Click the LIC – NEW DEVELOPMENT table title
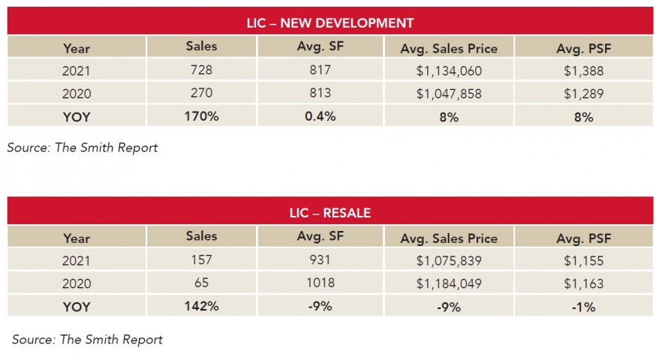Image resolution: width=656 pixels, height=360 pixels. (x=330, y=22)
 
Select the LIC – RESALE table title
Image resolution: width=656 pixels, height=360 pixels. (x=330, y=213)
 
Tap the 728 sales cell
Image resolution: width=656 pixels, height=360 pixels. (x=201, y=71)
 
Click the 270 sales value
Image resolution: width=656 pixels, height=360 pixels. (x=201, y=94)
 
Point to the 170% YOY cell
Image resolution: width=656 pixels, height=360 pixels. (x=201, y=116)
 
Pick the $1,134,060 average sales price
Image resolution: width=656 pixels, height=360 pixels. (x=448, y=71)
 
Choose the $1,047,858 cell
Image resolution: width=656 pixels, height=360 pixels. (x=448, y=94)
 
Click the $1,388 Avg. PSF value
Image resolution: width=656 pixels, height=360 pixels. (x=585, y=71)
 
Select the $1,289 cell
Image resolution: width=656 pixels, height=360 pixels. (x=585, y=94)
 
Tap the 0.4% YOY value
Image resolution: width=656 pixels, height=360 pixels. (x=320, y=116)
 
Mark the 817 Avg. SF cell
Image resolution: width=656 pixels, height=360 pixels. (x=320, y=71)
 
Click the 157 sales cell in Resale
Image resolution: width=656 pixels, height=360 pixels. (x=201, y=260)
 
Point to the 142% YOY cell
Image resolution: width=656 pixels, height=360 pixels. (x=201, y=306)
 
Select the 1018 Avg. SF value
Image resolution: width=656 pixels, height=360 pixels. (x=320, y=283)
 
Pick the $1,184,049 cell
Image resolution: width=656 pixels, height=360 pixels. (x=448, y=283)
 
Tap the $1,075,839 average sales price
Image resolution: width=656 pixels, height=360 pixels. (x=448, y=260)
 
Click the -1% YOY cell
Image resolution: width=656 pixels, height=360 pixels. (x=585, y=306)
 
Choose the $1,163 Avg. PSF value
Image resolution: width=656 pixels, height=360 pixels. (x=585, y=283)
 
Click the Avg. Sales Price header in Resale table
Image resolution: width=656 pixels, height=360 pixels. (x=448, y=238)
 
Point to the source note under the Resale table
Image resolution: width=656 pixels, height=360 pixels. (x=87, y=339)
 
